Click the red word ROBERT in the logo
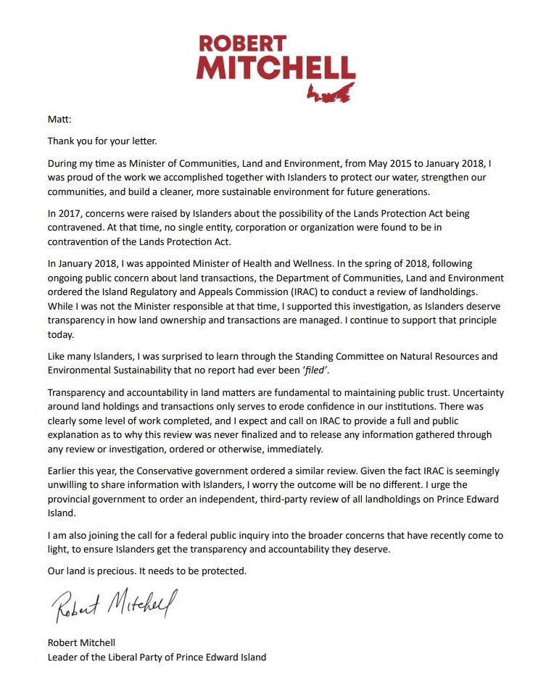(x=241, y=44)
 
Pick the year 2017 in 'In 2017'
(x=69, y=214)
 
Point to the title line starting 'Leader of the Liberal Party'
(x=157, y=657)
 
